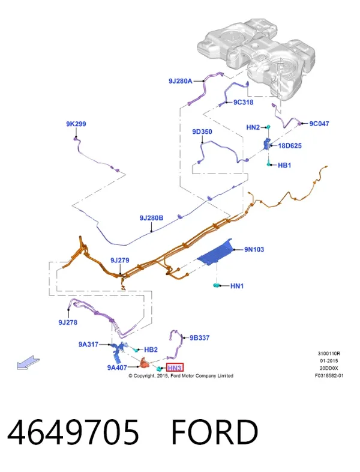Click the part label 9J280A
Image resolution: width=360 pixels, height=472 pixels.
tap(180, 81)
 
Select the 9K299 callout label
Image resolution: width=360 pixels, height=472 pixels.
tap(76, 124)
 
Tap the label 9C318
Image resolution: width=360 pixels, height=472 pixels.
tap(244, 102)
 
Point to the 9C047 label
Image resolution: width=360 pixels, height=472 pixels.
tap(319, 124)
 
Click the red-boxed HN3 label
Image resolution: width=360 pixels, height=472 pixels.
tap(175, 368)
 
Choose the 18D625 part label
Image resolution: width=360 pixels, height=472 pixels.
tap(290, 146)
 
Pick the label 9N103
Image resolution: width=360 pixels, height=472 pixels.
tap(254, 249)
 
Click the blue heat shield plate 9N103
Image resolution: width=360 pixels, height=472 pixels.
tap(215, 252)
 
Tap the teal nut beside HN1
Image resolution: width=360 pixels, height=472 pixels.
tap(216, 285)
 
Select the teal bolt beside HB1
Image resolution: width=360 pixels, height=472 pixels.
tap(269, 164)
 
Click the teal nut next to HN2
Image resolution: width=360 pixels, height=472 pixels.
tap(269, 127)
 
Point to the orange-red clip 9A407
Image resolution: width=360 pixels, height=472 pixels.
tap(145, 363)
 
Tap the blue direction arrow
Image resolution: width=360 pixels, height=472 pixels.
tap(28, 362)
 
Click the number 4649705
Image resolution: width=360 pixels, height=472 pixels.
tap(73, 432)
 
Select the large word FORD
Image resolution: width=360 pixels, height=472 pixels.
tap(215, 432)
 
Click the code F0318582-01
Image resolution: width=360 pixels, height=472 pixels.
tap(329, 375)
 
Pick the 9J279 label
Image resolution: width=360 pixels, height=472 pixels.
tap(119, 260)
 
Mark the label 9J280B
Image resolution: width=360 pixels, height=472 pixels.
tap(151, 217)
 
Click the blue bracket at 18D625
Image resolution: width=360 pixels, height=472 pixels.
tap(267, 144)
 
